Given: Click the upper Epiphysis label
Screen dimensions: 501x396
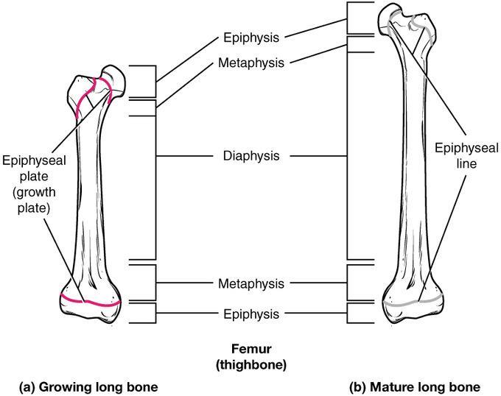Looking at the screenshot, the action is click(x=251, y=38).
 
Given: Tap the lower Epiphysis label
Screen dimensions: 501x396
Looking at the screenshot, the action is click(x=251, y=314).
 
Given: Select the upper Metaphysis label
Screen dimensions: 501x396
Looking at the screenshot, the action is click(x=251, y=63).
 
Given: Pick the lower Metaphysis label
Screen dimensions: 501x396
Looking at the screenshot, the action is click(x=251, y=283).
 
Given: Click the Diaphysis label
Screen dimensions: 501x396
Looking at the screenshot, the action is click(x=251, y=156).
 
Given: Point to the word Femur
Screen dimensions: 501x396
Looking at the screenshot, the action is click(x=251, y=349).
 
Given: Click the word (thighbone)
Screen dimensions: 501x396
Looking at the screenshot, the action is click(x=251, y=365).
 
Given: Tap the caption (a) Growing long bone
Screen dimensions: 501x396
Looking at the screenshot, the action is click(x=88, y=387).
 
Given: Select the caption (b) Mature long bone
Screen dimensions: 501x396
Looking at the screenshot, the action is click(x=415, y=387).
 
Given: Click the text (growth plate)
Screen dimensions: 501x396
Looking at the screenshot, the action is click(x=34, y=200).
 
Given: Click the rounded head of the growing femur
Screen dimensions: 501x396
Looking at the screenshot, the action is click(x=113, y=79).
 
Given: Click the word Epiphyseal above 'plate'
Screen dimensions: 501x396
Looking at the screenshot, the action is click(x=34, y=160).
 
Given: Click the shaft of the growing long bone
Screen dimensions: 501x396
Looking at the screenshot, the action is click(x=88, y=191).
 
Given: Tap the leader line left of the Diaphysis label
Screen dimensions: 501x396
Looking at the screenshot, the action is click(x=184, y=156).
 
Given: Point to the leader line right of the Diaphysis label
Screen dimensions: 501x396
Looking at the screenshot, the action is click(x=318, y=156).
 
